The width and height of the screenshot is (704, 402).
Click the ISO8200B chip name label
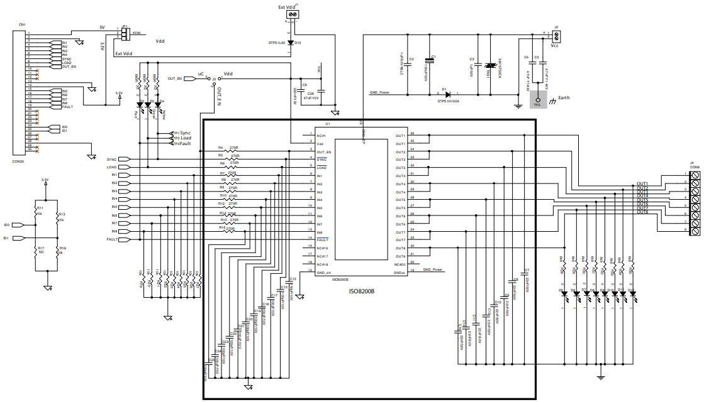pos(362,291)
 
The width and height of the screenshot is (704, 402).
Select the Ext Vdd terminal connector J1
pos(293,14)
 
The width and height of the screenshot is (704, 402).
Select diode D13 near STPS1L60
pos(290,43)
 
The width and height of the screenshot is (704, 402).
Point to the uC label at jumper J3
pos(201,73)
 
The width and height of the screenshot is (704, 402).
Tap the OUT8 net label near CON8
pos(642,212)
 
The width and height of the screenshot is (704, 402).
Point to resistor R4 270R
pos(227,151)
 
